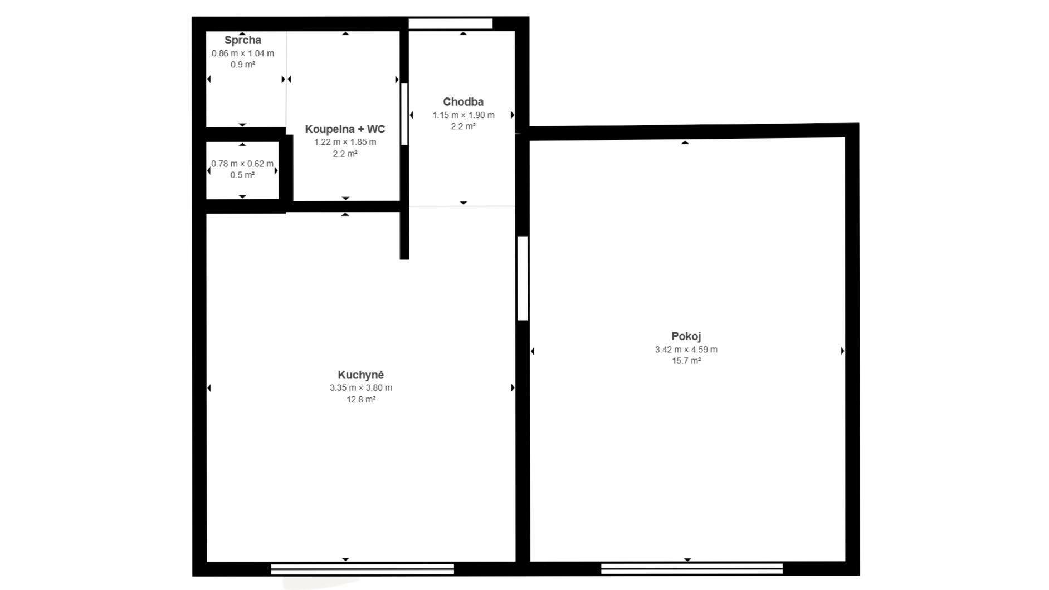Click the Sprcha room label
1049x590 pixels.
(x=243, y=40)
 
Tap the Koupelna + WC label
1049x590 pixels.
(x=345, y=129)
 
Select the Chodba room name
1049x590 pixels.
(x=463, y=102)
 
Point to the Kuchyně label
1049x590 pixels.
(x=360, y=375)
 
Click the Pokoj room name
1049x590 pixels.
(x=686, y=336)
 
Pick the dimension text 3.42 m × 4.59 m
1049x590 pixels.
(x=686, y=350)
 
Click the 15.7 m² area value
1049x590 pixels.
(x=686, y=361)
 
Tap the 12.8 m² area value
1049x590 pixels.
(x=360, y=399)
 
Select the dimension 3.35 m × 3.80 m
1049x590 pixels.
(x=360, y=387)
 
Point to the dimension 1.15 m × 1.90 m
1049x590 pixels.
(x=463, y=115)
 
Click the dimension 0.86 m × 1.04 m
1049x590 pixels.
(x=242, y=53)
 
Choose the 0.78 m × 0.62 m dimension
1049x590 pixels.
(x=242, y=164)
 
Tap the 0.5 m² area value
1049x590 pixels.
(x=242, y=175)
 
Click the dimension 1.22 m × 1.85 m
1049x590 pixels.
(x=345, y=142)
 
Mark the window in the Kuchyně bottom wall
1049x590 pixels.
(x=362, y=569)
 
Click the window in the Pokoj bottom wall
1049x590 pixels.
(x=692, y=568)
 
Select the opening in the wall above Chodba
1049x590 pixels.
(x=451, y=23)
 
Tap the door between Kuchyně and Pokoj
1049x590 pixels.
(x=523, y=278)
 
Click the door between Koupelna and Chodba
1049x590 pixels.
(x=404, y=114)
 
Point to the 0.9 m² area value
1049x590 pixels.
(x=242, y=65)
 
